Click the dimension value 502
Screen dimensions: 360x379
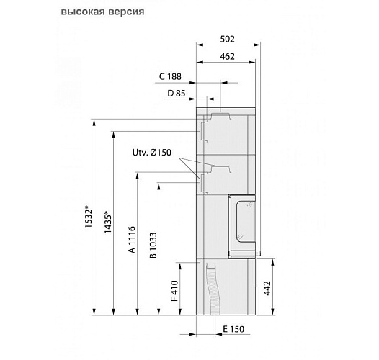228,40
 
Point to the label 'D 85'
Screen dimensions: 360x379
176,93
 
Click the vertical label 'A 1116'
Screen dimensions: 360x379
132,240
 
